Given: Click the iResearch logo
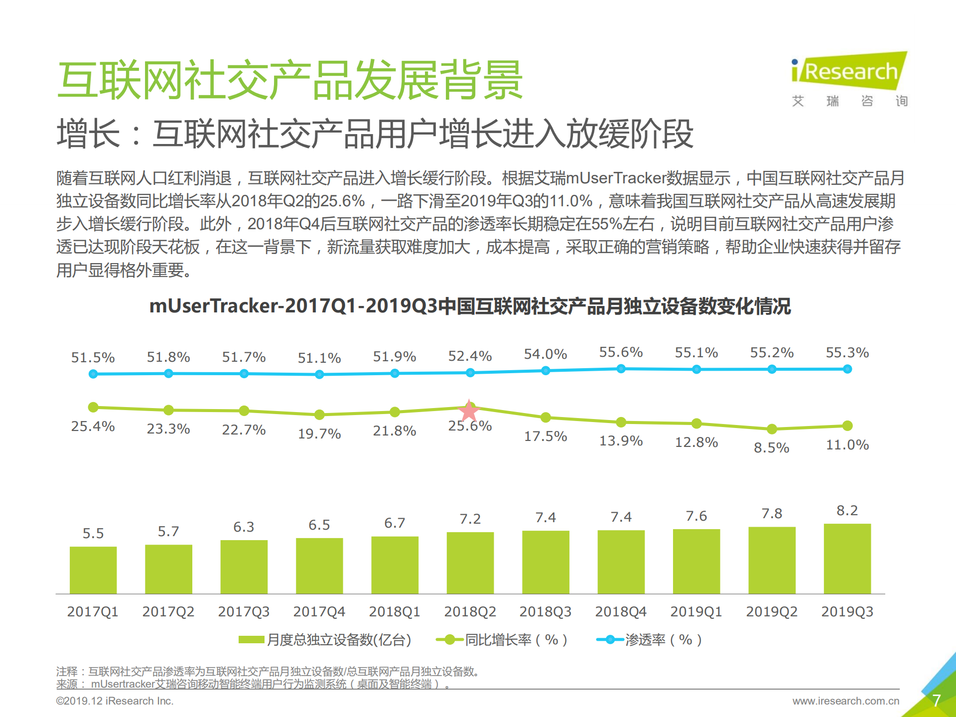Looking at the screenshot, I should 849,72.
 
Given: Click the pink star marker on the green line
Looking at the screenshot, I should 469,411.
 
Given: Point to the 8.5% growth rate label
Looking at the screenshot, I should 771,447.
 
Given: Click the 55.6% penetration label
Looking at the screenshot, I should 621,352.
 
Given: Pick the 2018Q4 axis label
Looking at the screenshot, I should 621,611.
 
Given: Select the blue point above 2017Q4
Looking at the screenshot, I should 319,374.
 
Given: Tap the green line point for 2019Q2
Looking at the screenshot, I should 772,429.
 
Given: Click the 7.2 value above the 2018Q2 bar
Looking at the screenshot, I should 470,519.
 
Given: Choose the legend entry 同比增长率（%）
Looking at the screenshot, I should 502,640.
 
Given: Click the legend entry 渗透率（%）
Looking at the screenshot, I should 650,640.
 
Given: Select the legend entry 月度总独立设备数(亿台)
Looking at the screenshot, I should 325,640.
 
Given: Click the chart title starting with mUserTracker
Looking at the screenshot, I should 470,306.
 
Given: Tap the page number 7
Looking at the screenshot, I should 936,700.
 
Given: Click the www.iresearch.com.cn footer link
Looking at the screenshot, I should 845,701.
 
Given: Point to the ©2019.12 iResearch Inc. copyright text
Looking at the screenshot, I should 115,701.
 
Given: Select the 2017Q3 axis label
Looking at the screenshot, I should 244,611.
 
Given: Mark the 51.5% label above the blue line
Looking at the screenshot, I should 93,358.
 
